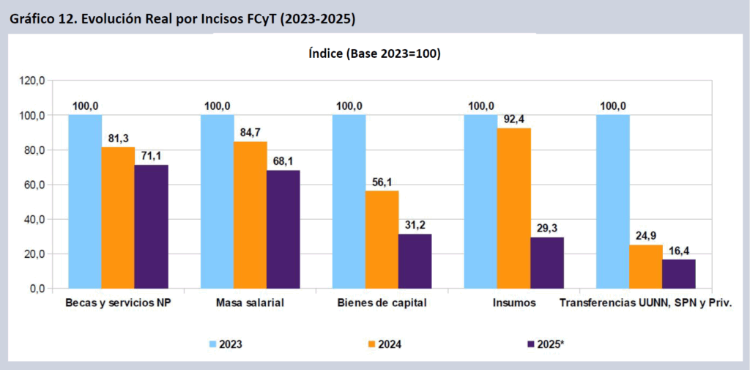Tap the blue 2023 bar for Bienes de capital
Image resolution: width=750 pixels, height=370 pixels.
(x=349, y=201)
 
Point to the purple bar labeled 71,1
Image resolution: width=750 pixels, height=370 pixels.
(x=151, y=226)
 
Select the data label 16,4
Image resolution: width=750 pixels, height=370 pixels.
(x=679, y=251)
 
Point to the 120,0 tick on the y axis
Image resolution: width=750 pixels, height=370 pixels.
(x=32, y=81)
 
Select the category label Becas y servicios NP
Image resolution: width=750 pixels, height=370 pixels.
(x=117, y=303)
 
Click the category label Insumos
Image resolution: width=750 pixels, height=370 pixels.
(x=514, y=303)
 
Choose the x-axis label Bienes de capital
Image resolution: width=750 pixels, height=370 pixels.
(x=381, y=303)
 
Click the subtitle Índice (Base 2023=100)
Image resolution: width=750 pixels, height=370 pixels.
(x=374, y=54)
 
